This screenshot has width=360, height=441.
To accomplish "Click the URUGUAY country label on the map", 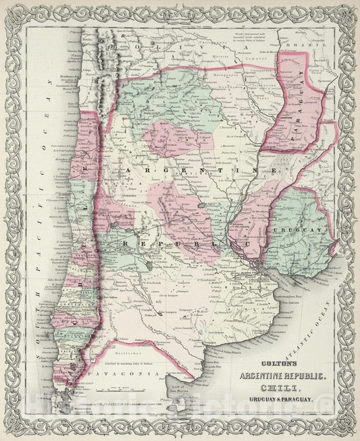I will click(286, 232).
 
